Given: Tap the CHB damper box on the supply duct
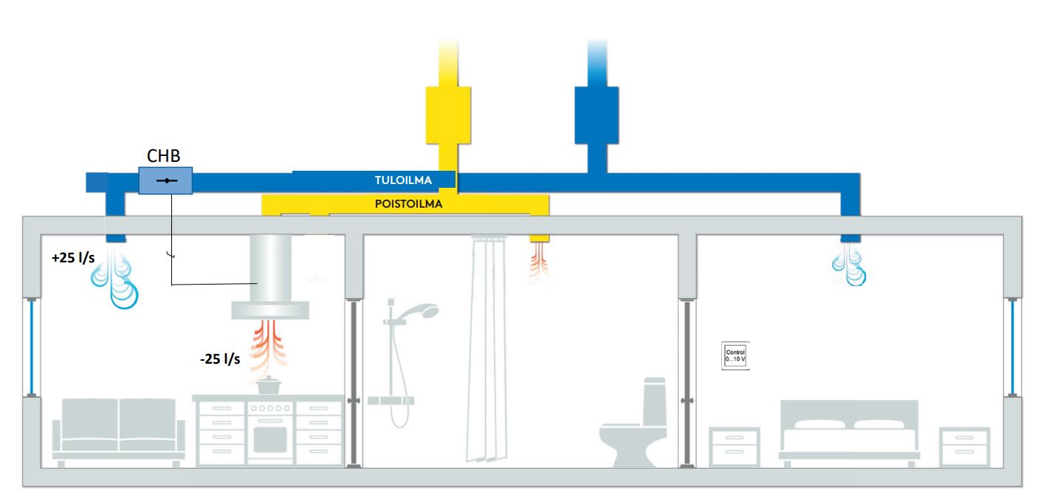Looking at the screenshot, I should point(165,181).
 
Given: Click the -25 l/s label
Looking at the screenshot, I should point(219,359).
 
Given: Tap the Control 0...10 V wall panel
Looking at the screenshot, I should point(736,355).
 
